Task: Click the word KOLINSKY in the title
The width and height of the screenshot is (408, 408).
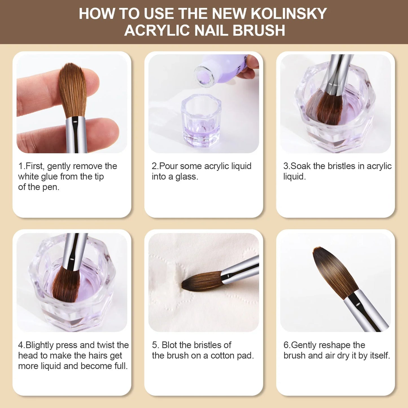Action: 289,14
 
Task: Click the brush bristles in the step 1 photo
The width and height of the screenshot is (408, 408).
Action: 72,89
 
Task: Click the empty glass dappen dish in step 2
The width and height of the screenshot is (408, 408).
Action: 201,120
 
